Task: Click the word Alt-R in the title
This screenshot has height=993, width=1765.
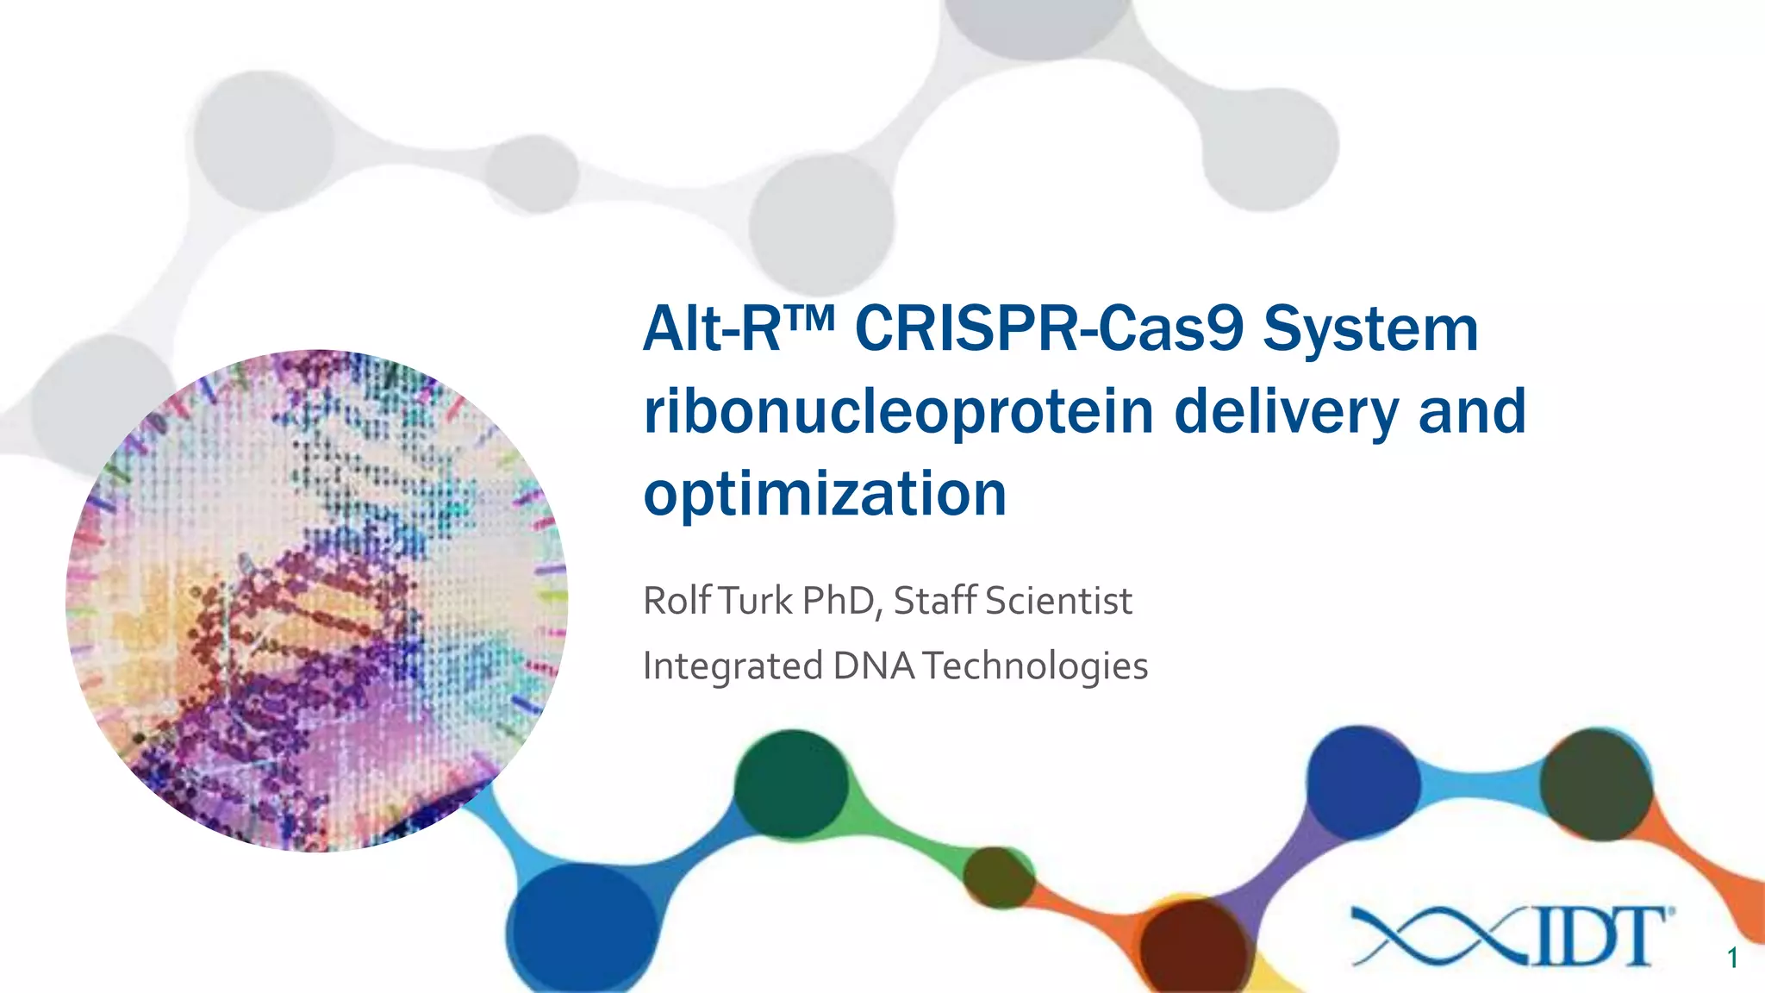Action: click(712, 329)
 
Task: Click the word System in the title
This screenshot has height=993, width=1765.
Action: click(1370, 331)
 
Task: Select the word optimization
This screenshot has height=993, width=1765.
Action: click(825, 494)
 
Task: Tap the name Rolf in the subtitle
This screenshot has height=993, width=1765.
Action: click(677, 601)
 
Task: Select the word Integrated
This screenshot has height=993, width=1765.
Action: click(733, 666)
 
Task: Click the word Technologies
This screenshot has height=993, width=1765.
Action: click(1035, 666)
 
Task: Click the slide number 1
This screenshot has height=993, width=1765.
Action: click(1732, 959)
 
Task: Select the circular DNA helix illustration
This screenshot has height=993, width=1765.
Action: click(316, 601)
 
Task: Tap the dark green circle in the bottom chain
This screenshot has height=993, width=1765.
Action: click(791, 784)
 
